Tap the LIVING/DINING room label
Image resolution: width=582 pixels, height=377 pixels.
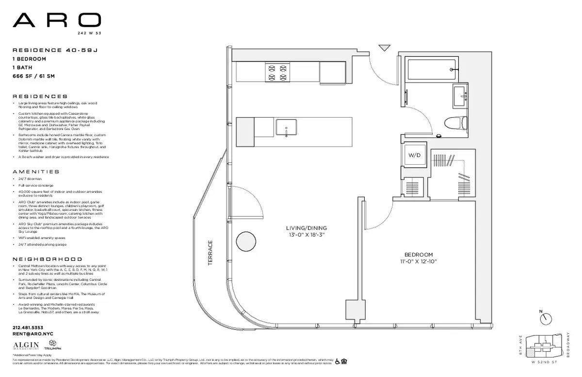click(306, 228)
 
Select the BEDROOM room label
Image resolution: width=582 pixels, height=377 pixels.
click(419, 255)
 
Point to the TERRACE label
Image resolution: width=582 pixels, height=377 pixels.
click(210, 253)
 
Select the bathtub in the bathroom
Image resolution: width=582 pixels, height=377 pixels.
click(431, 70)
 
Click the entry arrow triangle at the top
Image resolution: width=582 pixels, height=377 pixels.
click(385, 48)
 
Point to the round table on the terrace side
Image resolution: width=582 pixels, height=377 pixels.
click(246, 241)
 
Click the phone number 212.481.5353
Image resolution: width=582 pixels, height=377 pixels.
click(28, 327)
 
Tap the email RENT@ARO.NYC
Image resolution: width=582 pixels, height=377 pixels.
click(33, 334)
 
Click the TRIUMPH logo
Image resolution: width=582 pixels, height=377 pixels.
click(52, 346)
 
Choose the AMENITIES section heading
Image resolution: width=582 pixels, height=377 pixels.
click(36, 171)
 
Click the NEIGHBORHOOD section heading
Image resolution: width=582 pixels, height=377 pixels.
click(47, 259)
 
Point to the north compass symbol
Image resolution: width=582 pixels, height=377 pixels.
click(547, 318)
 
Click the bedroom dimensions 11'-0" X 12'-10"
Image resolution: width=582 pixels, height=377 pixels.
click(419, 261)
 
